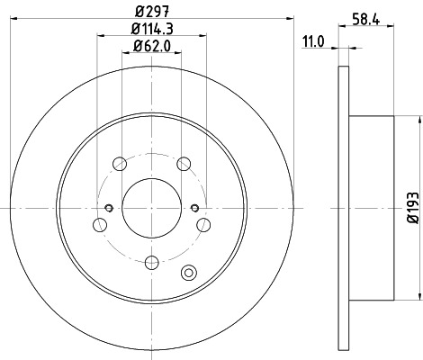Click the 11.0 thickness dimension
[x=312, y=41]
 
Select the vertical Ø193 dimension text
[x=412, y=207]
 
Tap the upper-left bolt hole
[x=119, y=163]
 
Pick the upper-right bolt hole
[x=184, y=163]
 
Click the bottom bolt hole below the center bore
[x=151, y=262]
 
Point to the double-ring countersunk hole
[x=188, y=274]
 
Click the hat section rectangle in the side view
[x=371, y=207]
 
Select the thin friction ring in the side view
[x=343, y=207]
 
